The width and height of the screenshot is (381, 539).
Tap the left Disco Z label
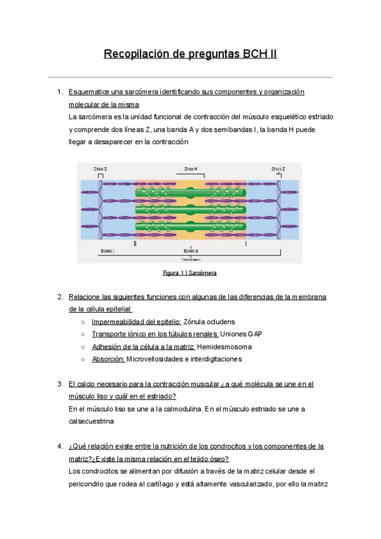pyautogui.click(x=100, y=169)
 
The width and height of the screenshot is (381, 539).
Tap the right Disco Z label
pyautogui.click(x=278, y=169)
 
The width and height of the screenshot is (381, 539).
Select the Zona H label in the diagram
pyautogui.click(x=190, y=169)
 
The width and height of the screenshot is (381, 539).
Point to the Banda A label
pyautogui.click(x=190, y=252)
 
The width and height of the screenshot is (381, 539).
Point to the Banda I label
pyautogui.click(x=107, y=252)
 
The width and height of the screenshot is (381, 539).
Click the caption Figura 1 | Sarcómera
pyautogui.click(x=190, y=273)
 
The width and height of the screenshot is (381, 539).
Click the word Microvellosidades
pyautogui.click(x=156, y=359)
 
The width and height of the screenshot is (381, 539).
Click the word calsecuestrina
pyautogui.click(x=92, y=421)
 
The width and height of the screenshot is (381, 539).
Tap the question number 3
pyautogui.click(x=59, y=384)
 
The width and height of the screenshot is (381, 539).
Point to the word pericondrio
pyautogui.click(x=88, y=484)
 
